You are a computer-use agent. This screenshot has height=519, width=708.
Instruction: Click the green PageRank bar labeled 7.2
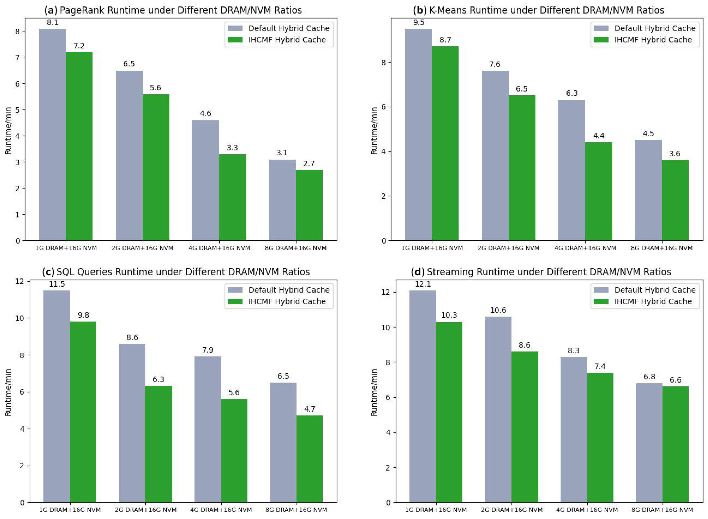(79, 146)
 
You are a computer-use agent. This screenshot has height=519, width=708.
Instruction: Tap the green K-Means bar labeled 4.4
(599, 191)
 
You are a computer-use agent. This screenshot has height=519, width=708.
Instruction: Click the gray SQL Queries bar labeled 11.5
(57, 396)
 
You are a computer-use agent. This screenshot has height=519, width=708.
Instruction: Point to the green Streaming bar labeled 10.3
(449, 412)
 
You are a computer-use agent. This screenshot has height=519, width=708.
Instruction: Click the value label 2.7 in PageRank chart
(309, 164)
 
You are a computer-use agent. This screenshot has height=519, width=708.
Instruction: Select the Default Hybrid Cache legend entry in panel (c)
(279, 290)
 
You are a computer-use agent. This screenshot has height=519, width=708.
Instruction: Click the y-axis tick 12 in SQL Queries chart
(19, 281)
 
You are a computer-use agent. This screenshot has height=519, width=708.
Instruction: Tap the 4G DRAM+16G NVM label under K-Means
(585, 248)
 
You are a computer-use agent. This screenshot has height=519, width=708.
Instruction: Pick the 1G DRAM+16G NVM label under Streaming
(436, 510)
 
